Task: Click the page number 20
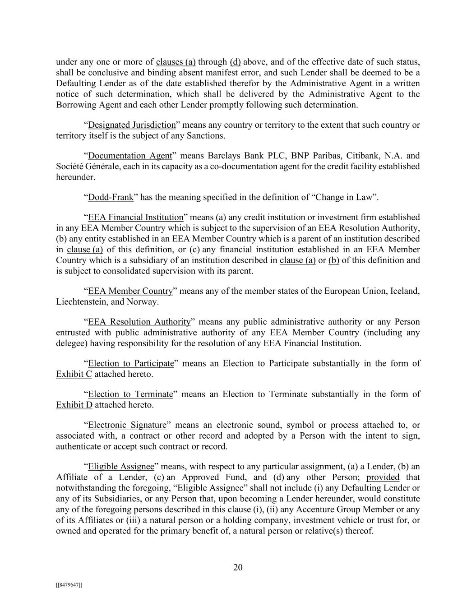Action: (x=238, y=567)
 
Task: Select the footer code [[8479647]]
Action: (x=69, y=585)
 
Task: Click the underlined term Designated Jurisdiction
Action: (x=132, y=125)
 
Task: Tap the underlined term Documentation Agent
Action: (x=130, y=156)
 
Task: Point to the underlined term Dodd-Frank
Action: (x=111, y=197)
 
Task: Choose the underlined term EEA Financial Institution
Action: (x=136, y=217)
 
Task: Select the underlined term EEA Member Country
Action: (x=130, y=291)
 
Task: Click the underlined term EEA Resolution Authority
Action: (x=139, y=322)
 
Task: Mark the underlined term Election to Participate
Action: (x=131, y=363)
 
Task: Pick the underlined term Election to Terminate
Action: (x=130, y=394)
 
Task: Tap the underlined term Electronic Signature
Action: (x=127, y=425)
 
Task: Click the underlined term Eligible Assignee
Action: (x=121, y=466)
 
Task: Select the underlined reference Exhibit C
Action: (x=74, y=374)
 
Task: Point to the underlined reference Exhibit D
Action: (x=74, y=405)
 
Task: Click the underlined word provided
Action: (x=383, y=477)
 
